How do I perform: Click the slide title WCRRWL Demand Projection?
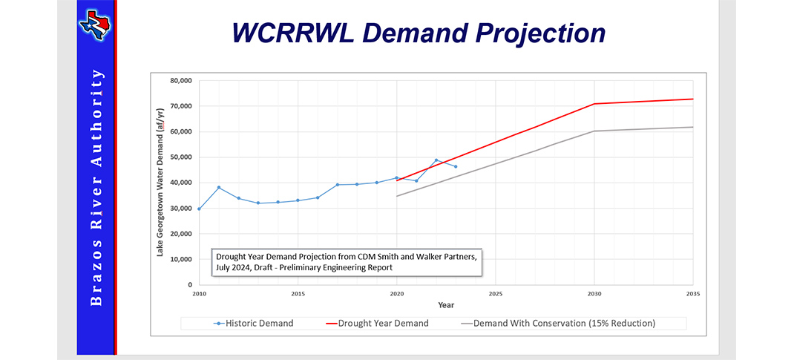(x=419, y=33)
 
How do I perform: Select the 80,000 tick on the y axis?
(x=180, y=81)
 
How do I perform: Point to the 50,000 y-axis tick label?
(x=180, y=157)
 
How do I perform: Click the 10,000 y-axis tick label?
(x=180, y=260)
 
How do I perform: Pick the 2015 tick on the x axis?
(x=298, y=294)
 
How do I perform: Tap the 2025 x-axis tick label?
(x=496, y=294)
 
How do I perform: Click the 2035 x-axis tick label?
(x=693, y=294)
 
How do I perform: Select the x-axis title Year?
(x=446, y=305)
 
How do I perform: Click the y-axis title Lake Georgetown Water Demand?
(x=160, y=182)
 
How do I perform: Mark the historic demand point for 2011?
(x=219, y=188)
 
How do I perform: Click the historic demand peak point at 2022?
(x=436, y=160)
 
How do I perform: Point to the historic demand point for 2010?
(x=199, y=209)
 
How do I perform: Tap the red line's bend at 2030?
(x=594, y=104)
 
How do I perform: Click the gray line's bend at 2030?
(x=594, y=131)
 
